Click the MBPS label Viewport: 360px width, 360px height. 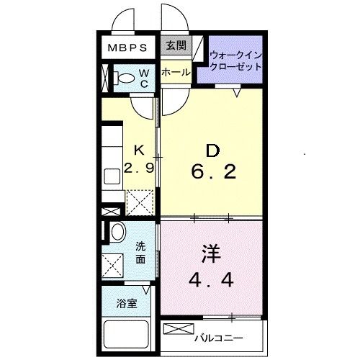(127, 48)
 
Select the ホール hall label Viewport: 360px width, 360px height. (175, 73)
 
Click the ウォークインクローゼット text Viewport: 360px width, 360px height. (235, 60)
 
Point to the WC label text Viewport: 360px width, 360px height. (143, 78)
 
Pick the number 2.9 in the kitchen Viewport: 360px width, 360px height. (140, 170)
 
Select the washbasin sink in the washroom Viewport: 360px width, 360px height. (117, 231)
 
